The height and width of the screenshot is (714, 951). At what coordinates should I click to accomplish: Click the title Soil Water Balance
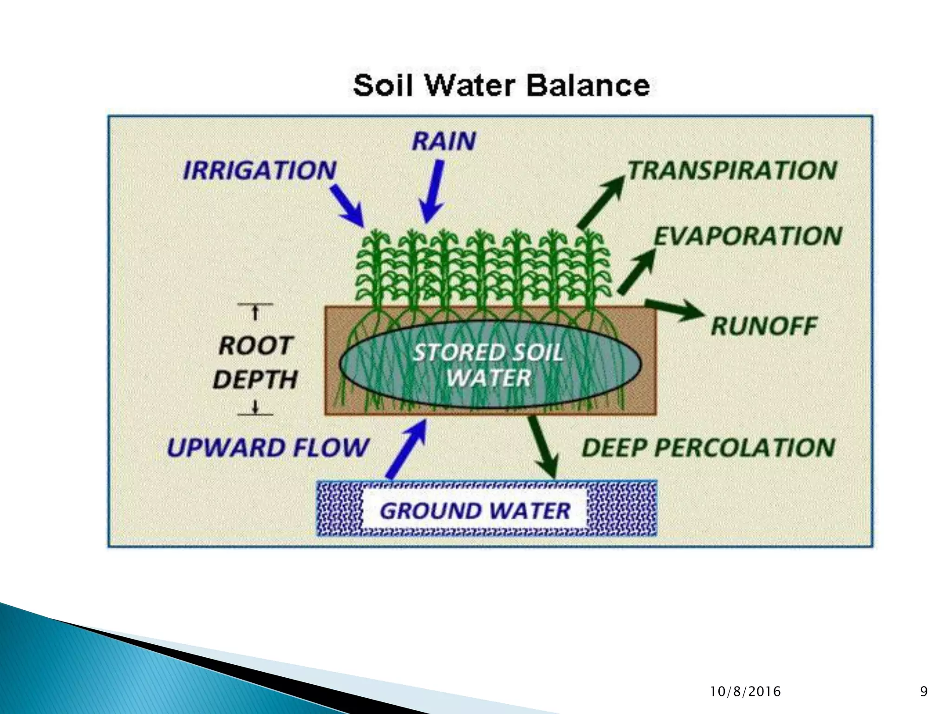(502, 86)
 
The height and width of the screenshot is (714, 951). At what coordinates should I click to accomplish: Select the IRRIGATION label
(260, 170)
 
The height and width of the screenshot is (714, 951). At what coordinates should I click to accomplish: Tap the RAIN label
(444, 141)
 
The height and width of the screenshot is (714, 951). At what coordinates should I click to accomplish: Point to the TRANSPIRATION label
(732, 170)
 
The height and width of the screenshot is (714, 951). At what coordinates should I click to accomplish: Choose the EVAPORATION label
(748, 236)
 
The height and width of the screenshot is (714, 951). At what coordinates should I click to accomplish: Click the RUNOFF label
(764, 326)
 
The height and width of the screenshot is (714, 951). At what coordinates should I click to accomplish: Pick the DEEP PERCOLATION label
(708, 448)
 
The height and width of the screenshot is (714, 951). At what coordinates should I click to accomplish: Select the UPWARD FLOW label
(268, 448)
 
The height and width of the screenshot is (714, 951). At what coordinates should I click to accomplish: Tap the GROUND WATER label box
(475, 511)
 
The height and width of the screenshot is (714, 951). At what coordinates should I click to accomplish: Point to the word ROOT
(256, 346)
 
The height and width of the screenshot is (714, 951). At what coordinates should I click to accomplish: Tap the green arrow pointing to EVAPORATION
(636, 271)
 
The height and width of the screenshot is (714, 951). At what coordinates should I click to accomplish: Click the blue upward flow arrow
(406, 449)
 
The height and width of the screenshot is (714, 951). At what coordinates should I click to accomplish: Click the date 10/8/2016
(746, 692)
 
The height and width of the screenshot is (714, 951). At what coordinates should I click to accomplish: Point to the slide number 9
(924, 692)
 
